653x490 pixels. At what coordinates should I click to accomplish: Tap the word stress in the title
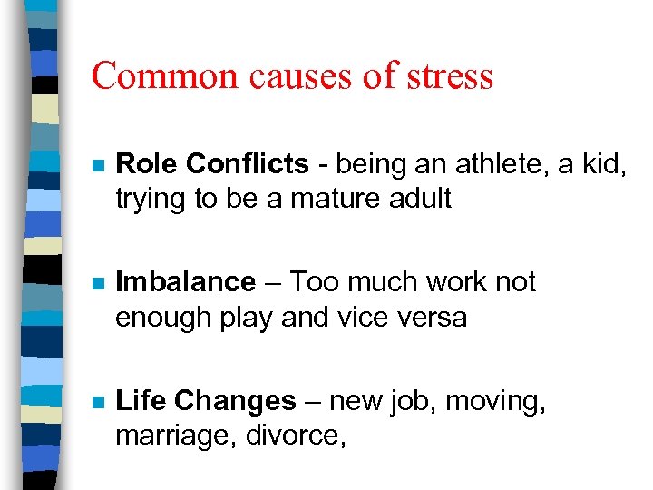tap(447, 75)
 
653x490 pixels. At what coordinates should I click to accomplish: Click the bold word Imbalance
tap(186, 282)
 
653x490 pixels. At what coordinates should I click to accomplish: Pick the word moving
tap(500, 401)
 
